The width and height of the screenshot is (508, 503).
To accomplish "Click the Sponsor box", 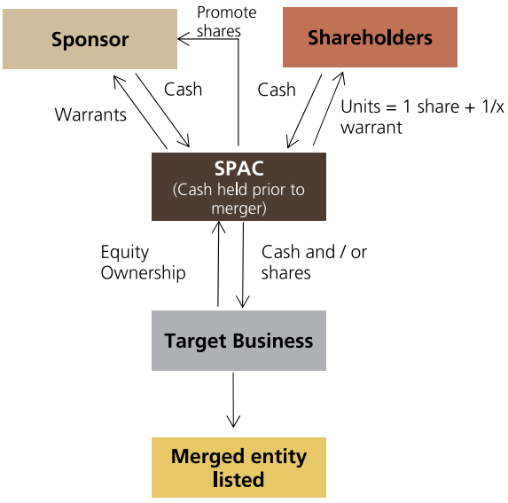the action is pyautogui.click(x=90, y=39).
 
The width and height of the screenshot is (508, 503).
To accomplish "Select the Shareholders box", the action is pyautogui.click(x=370, y=37).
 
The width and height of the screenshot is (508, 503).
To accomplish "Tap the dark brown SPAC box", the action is pyautogui.click(x=238, y=186).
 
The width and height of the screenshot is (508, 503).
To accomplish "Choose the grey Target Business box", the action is pyautogui.click(x=238, y=341).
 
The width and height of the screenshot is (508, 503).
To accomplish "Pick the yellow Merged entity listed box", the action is pyautogui.click(x=238, y=468).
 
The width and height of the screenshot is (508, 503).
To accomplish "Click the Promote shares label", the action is pyautogui.click(x=226, y=21).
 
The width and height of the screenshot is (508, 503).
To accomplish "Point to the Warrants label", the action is pyautogui.click(x=90, y=114).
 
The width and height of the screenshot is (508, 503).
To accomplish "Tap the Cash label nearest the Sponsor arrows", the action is pyautogui.click(x=183, y=89).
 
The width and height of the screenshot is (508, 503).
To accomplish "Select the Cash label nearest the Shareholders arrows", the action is pyautogui.click(x=277, y=90).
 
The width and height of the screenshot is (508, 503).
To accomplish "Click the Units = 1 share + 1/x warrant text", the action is pyautogui.click(x=422, y=117).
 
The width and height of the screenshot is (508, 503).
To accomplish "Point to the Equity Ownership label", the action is pyautogui.click(x=143, y=263).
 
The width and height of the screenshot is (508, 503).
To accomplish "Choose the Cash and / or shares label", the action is pyautogui.click(x=314, y=262).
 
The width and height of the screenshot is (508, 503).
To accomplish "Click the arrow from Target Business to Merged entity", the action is pyautogui.click(x=233, y=400).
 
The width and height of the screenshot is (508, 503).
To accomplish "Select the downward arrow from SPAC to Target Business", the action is pyautogui.click(x=243, y=264).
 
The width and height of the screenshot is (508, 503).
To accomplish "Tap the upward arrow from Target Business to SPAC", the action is pyautogui.click(x=218, y=263).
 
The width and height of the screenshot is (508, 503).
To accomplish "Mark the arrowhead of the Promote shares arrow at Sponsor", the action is pyautogui.click(x=178, y=39).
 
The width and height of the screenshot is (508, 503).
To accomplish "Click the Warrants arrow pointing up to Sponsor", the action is pyautogui.click(x=140, y=112).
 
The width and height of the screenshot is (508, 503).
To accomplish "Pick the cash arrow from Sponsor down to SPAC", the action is pyautogui.click(x=162, y=110).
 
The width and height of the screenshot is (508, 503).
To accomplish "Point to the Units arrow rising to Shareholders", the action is pyautogui.click(x=328, y=108).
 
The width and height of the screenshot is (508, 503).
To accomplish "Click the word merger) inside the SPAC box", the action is pyautogui.click(x=238, y=208).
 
